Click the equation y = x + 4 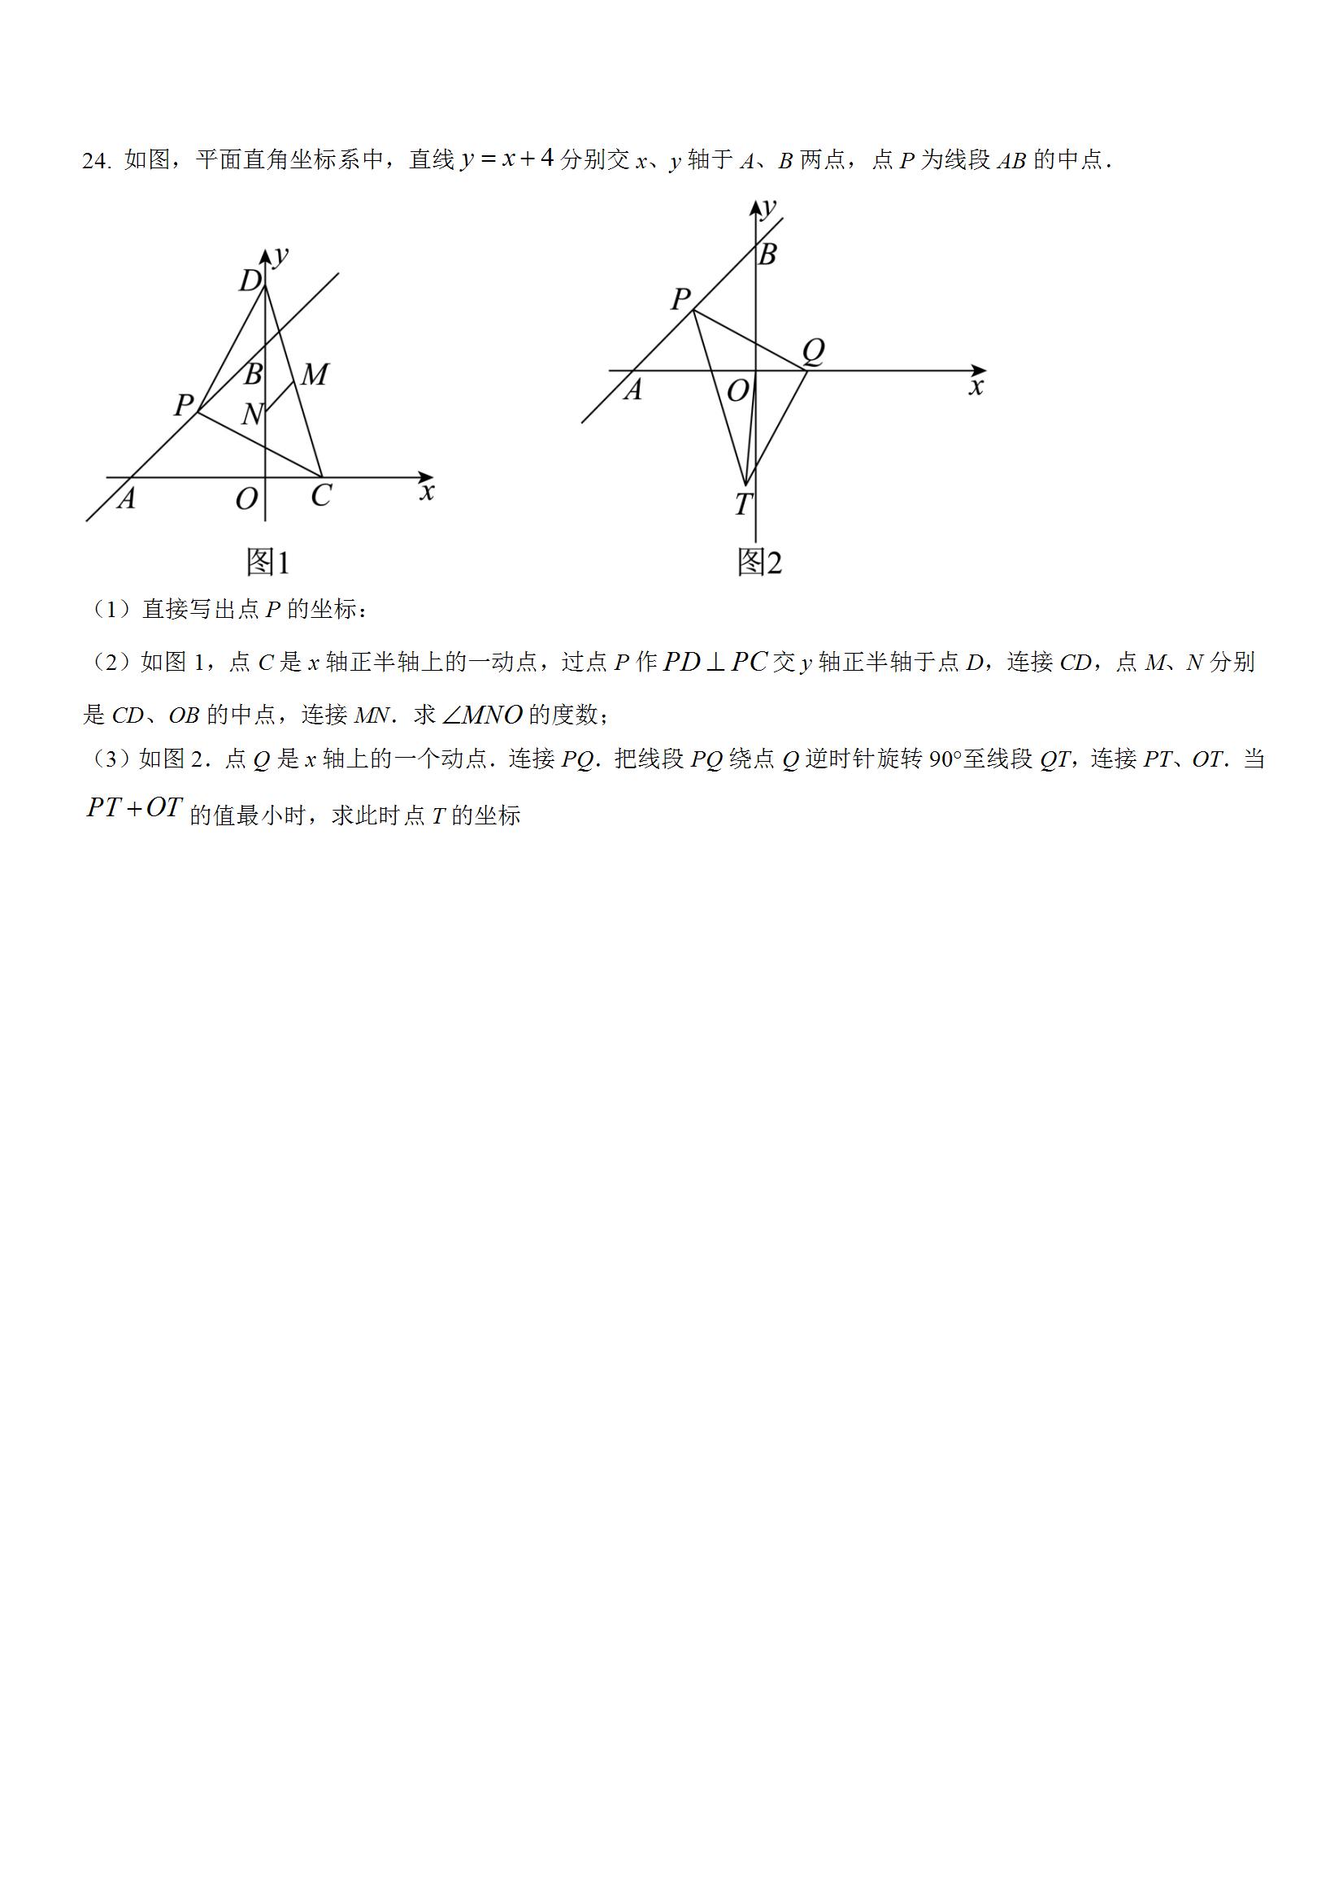pos(506,158)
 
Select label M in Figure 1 pos(314,375)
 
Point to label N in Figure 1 pos(251,414)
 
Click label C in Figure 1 pos(321,496)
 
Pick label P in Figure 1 pos(184,405)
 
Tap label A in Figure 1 pos(126,498)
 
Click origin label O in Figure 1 pos(246,499)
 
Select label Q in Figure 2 pos(814,352)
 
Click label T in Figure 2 pos(743,504)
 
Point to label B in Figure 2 pos(767,254)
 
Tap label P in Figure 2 pos(680,298)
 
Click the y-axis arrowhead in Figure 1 pos(266,257)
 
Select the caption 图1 pos(268,563)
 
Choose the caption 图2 pos(758,563)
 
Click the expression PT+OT pos(133,808)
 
